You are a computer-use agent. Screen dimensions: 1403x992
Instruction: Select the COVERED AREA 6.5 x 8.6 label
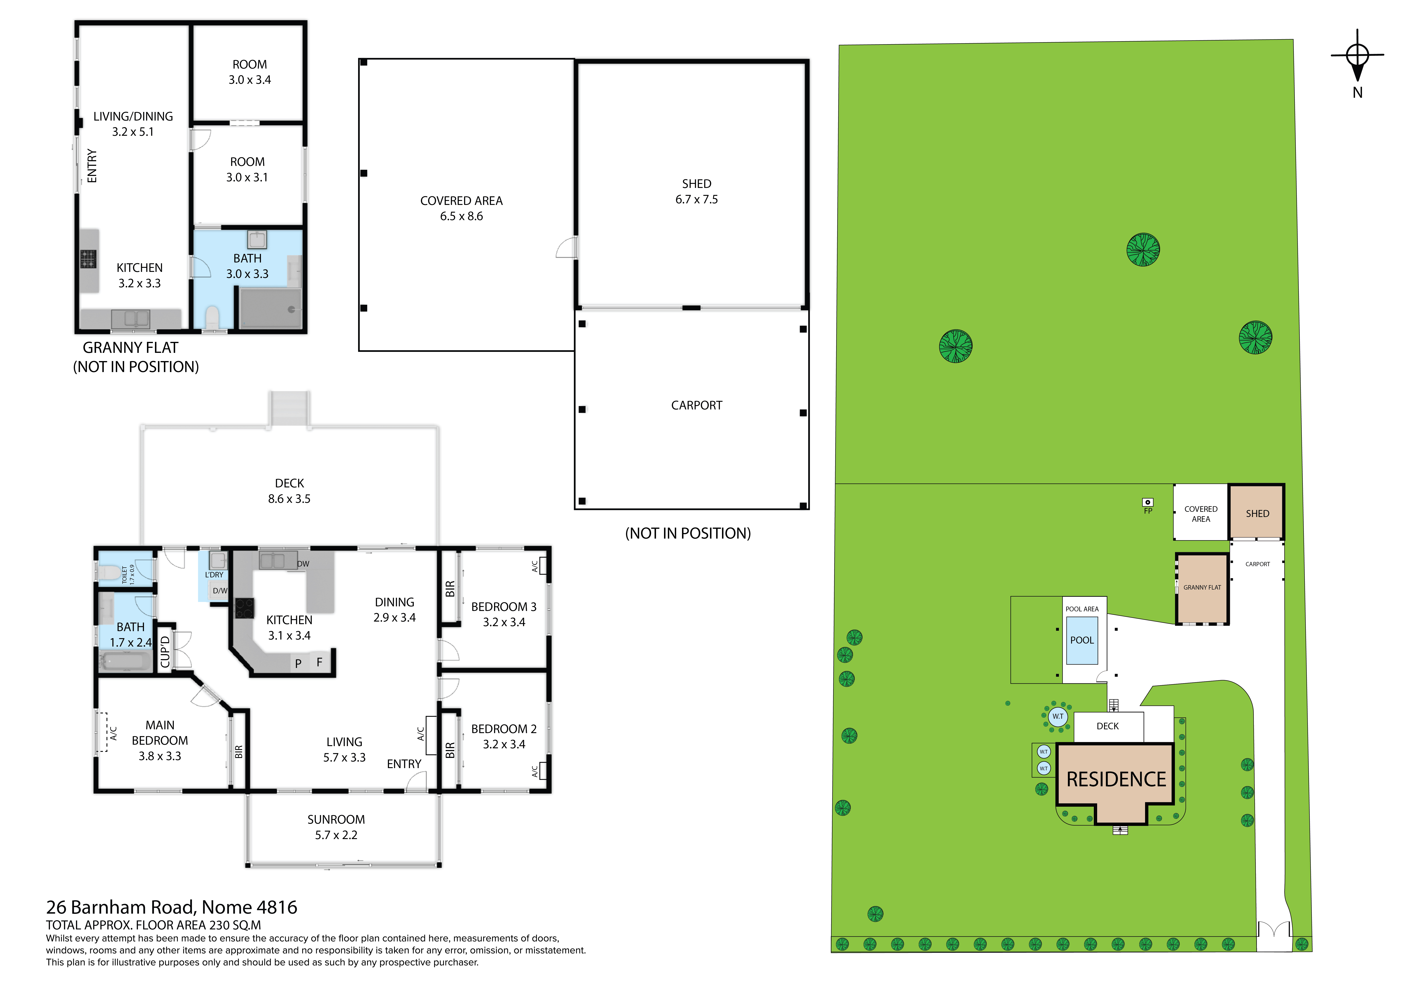(461, 208)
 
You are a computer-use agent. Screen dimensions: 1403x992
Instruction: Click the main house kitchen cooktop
(244, 608)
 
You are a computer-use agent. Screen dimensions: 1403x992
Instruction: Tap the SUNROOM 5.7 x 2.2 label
(336, 827)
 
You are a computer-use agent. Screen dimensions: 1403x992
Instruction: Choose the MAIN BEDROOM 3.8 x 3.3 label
(160, 740)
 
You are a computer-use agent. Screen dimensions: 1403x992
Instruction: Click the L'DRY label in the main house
(214, 575)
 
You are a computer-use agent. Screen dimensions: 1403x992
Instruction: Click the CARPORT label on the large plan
(697, 406)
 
